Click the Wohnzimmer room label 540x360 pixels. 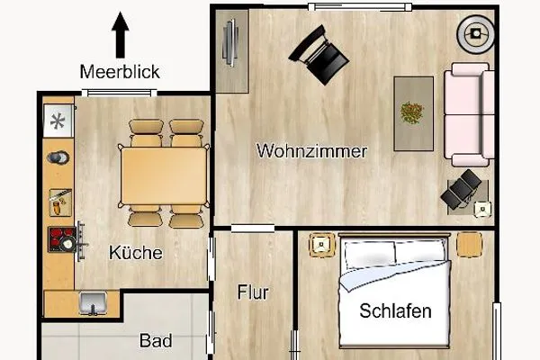point(311,150)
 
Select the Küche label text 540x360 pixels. point(135,253)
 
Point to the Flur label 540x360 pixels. point(253,292)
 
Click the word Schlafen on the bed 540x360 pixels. point(395,311)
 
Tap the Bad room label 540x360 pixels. point(156,342)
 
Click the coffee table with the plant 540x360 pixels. point(413,112)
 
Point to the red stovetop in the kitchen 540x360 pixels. point(63,238)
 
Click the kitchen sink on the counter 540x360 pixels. point(91,302)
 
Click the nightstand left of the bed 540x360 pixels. point(320,244)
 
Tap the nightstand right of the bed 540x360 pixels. point(468,244)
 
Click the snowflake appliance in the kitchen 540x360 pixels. point(58,120)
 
